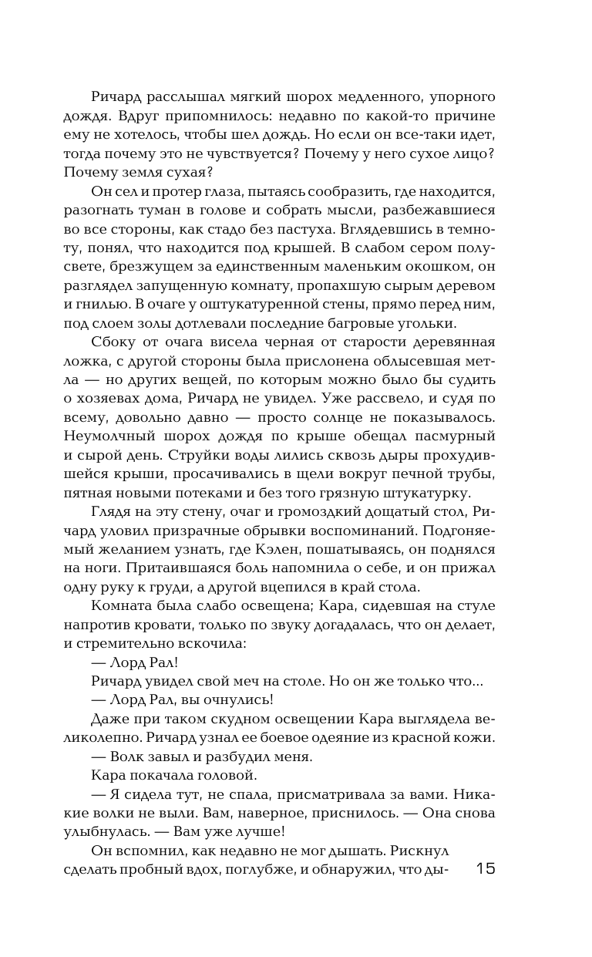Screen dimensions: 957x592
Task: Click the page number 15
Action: click(486, 869)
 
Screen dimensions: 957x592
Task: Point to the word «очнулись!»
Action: click(230, 700)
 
